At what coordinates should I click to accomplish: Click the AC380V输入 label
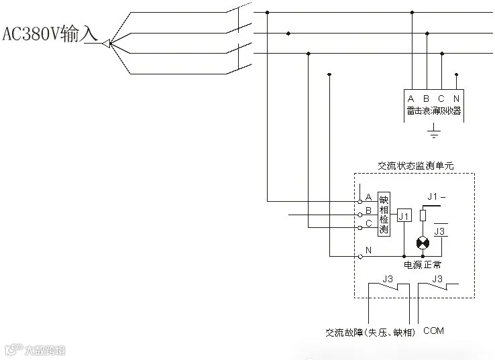click(x=51, y=34)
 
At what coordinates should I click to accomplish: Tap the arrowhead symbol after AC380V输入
click(x=105, y=44)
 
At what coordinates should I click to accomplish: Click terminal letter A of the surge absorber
click(x=410, y=99)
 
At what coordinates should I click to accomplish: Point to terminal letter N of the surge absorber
click(x=456, y=99)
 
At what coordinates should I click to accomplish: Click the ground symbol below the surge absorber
click(x=434, y=130)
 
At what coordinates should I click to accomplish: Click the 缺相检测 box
click(x=384, y=214)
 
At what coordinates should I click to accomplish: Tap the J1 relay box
click(x=403, y=216)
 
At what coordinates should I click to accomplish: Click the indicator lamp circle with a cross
click(x=423, y=242)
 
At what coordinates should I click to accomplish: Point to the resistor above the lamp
click(x=423, y=216)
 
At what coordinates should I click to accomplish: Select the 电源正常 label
click(x=423, y=265)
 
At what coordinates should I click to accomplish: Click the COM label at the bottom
click(x=433, y=331)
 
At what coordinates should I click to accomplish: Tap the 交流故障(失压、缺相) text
click(x=370, y=333)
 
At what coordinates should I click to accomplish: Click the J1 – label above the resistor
click(x=437, y=196)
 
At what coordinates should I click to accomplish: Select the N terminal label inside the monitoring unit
click(x=368, y=249)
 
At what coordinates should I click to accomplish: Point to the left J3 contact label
click(x=387, y=278)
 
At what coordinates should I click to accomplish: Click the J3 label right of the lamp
click(x=441, y=231)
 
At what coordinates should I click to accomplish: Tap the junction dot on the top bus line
click(x=268, y=12)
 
